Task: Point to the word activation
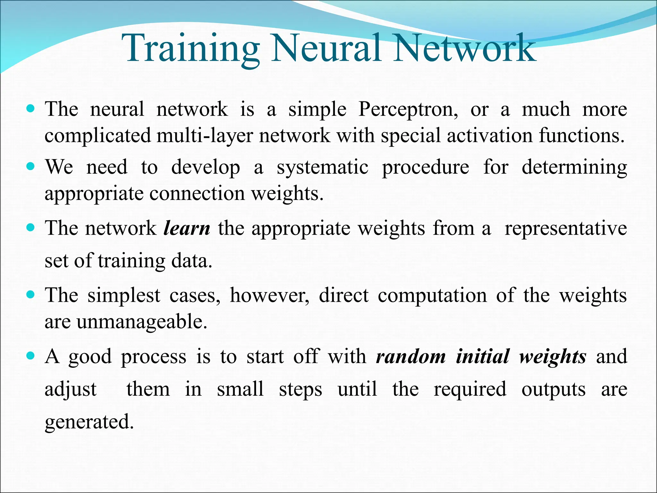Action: (x=490, y=135)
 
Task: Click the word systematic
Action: (x=322, y=168)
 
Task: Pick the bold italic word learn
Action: (x=187, y=229)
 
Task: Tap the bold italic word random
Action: (x=411, y=357)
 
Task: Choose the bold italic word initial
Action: (x=482, y=357)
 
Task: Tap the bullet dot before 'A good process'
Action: (x=31, y=356)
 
